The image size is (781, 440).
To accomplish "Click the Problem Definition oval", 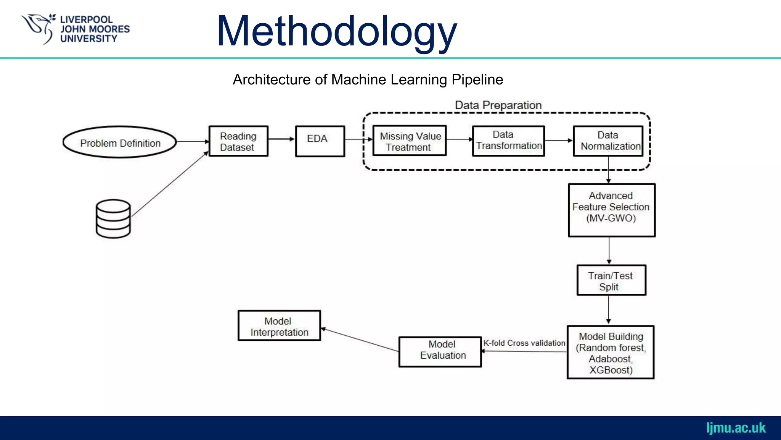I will point(120,142).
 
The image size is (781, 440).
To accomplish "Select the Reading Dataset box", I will point(238,141).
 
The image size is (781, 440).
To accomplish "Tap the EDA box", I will point(320,141).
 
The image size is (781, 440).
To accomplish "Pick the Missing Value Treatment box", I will point(410,141).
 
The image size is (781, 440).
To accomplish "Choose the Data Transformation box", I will point(508,141).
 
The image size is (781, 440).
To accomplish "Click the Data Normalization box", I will point(608,141).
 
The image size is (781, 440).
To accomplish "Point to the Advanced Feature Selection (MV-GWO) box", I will point(611,210).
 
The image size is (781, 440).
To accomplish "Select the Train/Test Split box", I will point(611,280).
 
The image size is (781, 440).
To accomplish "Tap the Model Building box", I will point(611,352).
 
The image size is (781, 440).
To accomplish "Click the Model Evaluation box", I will point(440,352).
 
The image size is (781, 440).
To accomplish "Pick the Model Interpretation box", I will point(279,325).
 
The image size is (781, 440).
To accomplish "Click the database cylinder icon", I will point(113,218).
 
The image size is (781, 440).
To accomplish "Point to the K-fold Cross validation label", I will point(524,343).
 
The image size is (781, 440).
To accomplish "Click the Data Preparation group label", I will point(498,105).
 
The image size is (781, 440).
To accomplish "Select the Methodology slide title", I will point(336,31).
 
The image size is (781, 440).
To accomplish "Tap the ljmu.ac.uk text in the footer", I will point(736,428).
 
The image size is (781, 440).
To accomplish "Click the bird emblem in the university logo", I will point(39,27).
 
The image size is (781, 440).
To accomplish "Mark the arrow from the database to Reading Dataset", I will point(170,184).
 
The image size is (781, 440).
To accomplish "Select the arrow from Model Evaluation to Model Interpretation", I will point(360,340).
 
